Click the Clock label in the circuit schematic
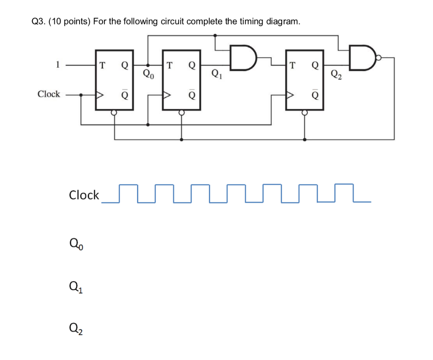pos(49,94)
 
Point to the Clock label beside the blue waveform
pos(84,195)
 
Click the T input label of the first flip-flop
pos(101,65)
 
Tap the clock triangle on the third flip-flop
pos(290,95)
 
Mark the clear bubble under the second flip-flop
pos(181,113)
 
